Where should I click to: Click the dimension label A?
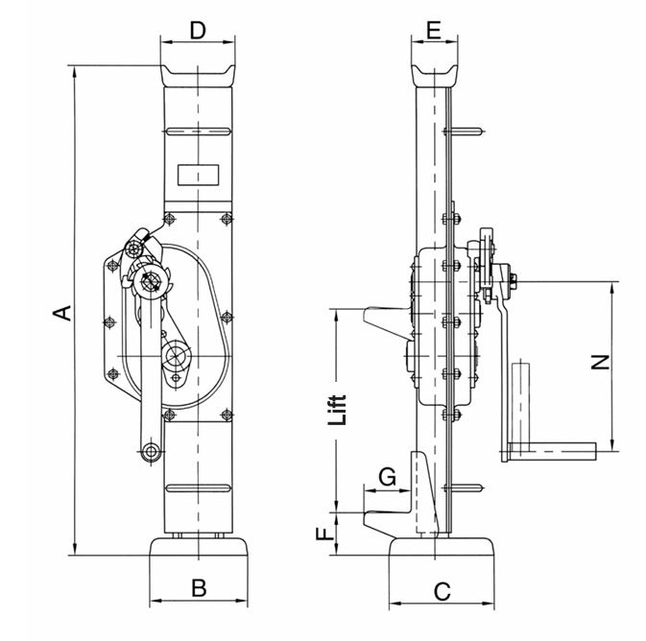pos(60,312)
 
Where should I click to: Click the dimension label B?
pos(198,588)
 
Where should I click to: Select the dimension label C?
pos(443,590)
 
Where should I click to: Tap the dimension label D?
pos(197,30)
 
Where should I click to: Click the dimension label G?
pos(388,476)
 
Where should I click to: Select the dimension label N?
pos(600,363)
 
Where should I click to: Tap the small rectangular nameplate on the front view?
pos(198,176)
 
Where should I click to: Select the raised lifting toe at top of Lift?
pos(388,318)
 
